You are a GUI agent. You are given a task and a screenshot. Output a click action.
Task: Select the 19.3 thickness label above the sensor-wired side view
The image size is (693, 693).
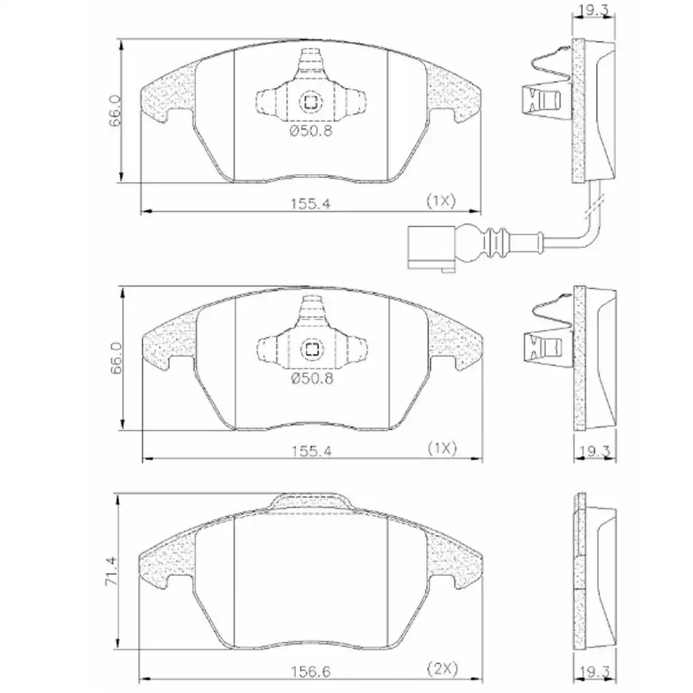point(594,11)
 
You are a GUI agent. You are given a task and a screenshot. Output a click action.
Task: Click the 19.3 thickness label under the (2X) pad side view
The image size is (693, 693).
point(594,672)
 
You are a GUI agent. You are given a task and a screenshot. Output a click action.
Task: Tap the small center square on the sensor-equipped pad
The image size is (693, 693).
point(310,103)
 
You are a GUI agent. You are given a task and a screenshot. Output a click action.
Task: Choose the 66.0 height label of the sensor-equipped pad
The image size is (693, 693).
point(115,111)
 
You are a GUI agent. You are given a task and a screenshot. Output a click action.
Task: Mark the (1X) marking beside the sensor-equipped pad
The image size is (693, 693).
point(440,202)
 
